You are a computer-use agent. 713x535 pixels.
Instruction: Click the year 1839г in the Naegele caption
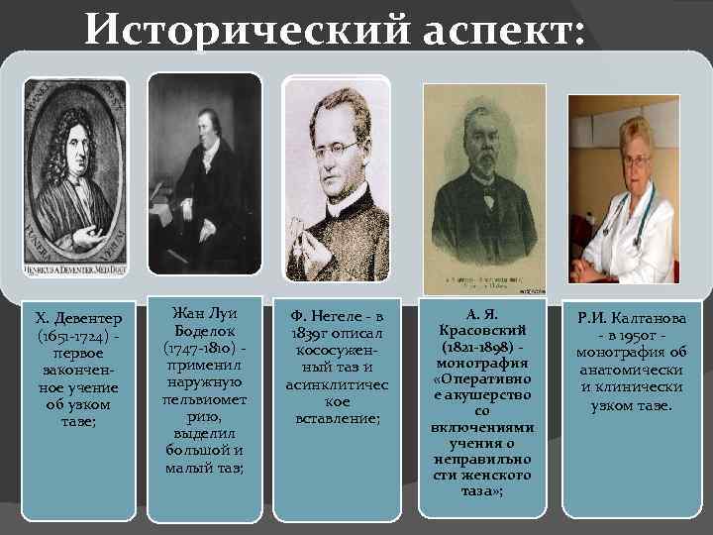click(x=309, y=334)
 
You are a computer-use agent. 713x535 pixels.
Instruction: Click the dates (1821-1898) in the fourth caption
click(x=478, y=346)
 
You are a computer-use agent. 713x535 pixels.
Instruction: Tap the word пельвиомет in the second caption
click(x=204, y=398)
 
